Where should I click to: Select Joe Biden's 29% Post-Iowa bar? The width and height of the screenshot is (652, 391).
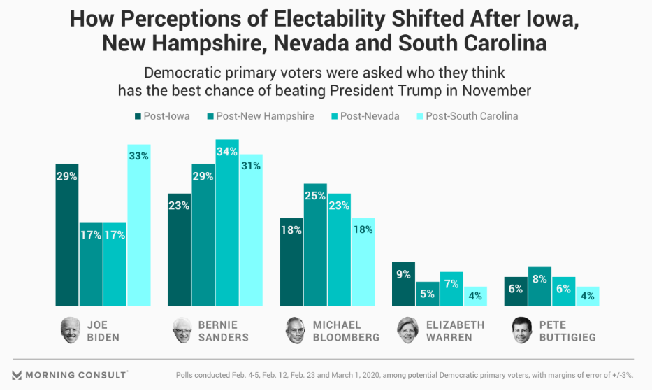67,235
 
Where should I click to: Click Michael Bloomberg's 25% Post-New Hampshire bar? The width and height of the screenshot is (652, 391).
315,245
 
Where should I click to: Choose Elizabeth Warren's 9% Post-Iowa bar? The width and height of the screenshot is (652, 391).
403,284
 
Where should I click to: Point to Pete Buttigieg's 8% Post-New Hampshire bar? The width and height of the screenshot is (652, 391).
539,287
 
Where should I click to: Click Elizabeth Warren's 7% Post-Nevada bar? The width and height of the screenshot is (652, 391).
451,289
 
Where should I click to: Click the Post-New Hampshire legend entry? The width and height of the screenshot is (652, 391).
260,116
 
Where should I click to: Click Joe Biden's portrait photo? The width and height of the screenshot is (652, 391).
71,330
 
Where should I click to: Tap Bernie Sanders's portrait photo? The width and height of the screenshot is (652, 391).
183,330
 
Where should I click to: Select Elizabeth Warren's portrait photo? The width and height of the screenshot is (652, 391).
407,330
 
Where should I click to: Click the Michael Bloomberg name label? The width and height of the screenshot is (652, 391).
346,331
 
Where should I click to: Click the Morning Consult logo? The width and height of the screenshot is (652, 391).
70,374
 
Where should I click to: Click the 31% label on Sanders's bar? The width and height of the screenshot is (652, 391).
251,166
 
